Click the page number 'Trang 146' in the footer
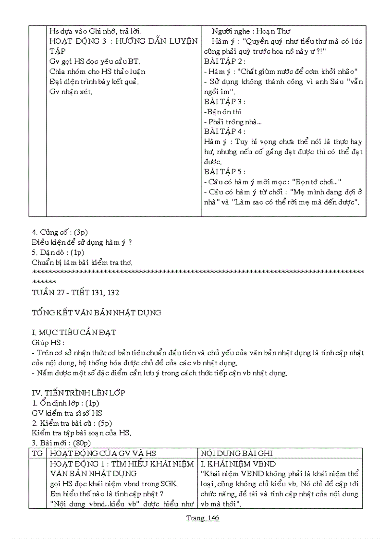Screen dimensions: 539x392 202,518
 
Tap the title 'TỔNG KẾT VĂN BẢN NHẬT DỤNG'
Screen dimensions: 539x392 96,312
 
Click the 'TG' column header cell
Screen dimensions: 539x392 37,453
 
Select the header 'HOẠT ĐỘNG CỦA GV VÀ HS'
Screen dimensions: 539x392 103,453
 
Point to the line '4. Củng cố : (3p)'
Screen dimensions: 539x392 58,233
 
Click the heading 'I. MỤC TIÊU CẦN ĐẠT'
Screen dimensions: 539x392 73,332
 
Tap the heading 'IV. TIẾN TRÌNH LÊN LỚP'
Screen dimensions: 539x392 78,393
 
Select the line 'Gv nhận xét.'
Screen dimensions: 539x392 71,92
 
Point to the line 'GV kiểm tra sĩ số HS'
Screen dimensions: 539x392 67,413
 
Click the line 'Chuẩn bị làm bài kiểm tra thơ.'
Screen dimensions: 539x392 82,263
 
